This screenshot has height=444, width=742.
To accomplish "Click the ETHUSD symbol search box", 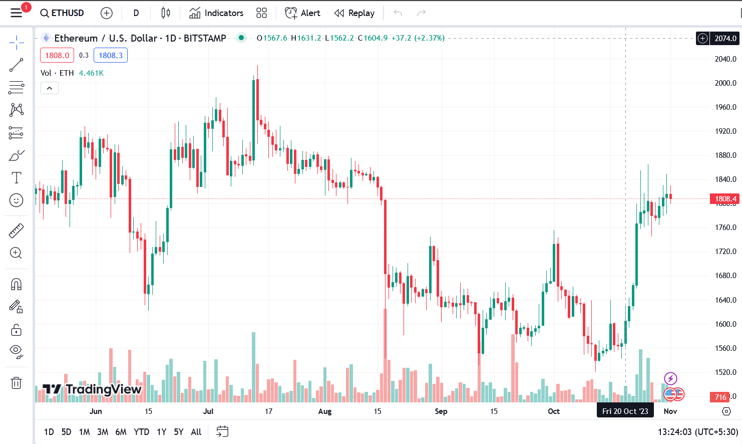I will [x=62, y=13].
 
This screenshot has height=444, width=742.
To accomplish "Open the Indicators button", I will [x=216, y=13].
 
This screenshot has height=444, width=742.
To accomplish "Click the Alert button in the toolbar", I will [x=302, y=13].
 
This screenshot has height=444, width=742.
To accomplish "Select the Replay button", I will [x=354, y=13].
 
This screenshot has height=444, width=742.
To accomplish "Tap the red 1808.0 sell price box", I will [x=57, y=55].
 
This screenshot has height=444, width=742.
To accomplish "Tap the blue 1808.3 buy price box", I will [x=111, y=55].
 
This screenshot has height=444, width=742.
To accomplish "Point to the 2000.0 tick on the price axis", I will [x=725, y=83].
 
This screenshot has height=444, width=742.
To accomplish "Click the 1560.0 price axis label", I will [x=725, y=348].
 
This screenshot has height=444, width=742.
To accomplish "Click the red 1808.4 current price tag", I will [x=725, y=199].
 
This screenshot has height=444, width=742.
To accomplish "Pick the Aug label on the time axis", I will [x=325, y=411].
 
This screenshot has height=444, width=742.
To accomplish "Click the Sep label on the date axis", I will [x=441, y=411].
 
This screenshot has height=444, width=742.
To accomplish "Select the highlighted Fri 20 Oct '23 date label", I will [x=625, y=411].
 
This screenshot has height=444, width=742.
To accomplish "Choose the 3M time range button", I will [x=103, y=432].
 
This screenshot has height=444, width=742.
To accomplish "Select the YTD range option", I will [x=142, y=432].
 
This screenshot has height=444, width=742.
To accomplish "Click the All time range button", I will [x=196, y=432].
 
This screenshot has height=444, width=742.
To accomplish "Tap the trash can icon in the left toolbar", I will [x=16, y=383].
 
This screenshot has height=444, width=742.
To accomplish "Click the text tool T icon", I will [x=16, y=177].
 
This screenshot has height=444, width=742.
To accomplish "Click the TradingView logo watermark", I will [x=92, y=389].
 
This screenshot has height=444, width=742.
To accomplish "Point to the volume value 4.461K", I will [x=91, y=73].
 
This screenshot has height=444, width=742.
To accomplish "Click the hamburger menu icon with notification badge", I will [x=17, y=13].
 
